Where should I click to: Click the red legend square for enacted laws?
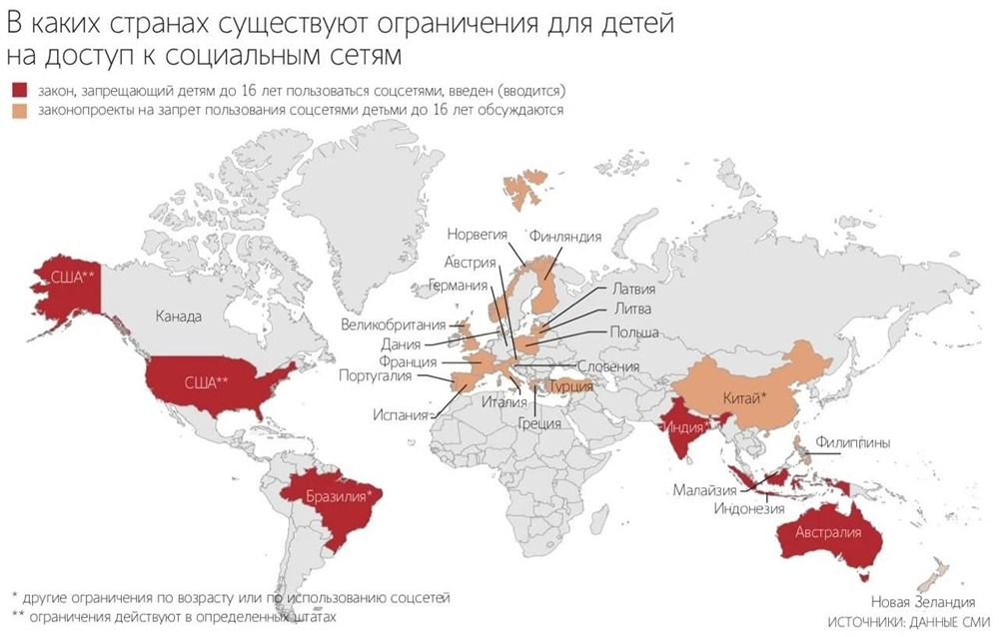click(x=15, y=91)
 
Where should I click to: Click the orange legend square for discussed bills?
click(x=15, y=111)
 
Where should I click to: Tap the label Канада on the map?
click(x=179, y=317)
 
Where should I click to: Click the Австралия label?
click(x=827, y=533)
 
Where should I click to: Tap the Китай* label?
click(x=743, y=398)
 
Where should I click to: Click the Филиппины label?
click(x=852, y=441)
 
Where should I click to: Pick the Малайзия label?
click(x=704, y=490)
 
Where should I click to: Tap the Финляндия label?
click(x=565, y=237)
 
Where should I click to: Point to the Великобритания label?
click(x=395, y=324)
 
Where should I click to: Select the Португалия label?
click(x=382, y=376)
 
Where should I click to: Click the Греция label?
click(x=538, y=421)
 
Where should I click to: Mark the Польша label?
click(x=633, y=331)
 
